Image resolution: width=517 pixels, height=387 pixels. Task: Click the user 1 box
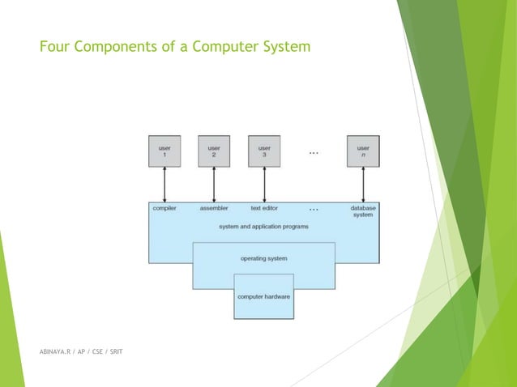click(x=164, y=151)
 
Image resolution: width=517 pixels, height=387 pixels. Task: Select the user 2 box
click(x=214, y=151)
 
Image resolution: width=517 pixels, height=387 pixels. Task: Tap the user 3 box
click(x=264, y=151)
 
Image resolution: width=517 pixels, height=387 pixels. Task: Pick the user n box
click(x=363, y=151)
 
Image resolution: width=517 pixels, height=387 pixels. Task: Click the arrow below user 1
click(x=164, y=185)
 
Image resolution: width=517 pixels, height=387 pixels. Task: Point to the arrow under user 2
click(x=214, y=185)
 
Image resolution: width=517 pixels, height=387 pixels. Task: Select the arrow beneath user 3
click(x=264, y=185)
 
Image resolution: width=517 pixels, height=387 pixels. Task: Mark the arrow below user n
click(x=363, y=185)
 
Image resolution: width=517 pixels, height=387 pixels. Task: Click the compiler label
click(x=164, y=208)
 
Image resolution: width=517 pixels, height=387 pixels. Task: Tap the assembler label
click(x=214, y=208)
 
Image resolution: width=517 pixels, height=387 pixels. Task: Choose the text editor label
click(x=264, y=208)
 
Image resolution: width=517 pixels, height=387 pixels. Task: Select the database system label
click(x=362, y=211)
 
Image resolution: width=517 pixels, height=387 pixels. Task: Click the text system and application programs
click(x=263, y=227)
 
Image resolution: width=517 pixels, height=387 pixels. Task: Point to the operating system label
click(x=263, y=258)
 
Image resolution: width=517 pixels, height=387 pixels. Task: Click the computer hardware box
click(x=263, y=296)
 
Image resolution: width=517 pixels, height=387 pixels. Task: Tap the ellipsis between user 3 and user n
click(x=314, y=152)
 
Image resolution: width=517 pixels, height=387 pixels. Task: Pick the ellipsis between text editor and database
click(x=314, y=209)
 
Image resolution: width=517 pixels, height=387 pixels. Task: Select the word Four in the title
click(x=53, y=48)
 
